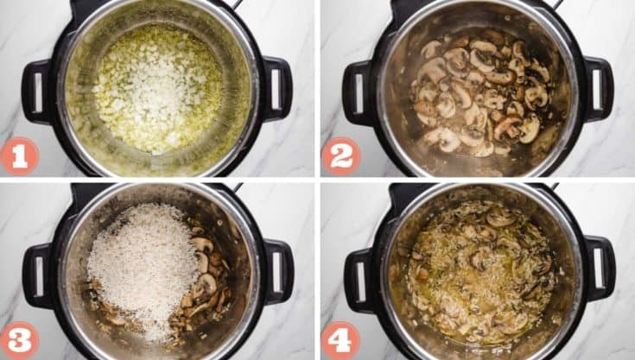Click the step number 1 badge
pos(19,155)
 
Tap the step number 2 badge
pos(340,155)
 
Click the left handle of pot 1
pos(36,91)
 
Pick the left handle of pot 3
pos(36,275)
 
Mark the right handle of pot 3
pos(277,272)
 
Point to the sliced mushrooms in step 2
pos(479,95)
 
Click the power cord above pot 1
pos(234,5)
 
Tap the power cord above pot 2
pos(556,5)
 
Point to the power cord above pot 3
pos(235,187)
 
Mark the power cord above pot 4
pos(555,187)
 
